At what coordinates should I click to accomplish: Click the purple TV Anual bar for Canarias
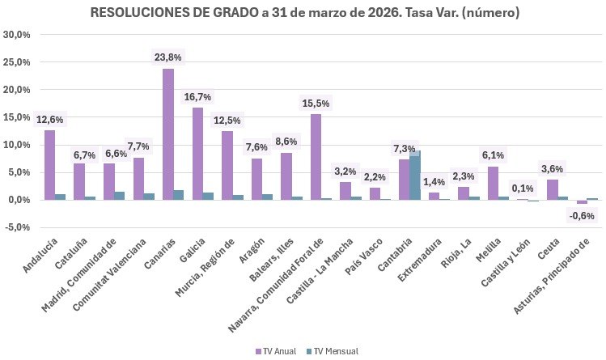tap(167, 134)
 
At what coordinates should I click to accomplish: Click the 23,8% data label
tap(167, 57)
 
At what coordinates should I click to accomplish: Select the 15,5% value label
tap(316, 104)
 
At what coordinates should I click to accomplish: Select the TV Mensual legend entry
tap(336, 351)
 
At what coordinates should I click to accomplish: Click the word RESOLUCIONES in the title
tap(137, 13)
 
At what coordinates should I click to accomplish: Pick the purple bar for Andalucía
tap(49, 165)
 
